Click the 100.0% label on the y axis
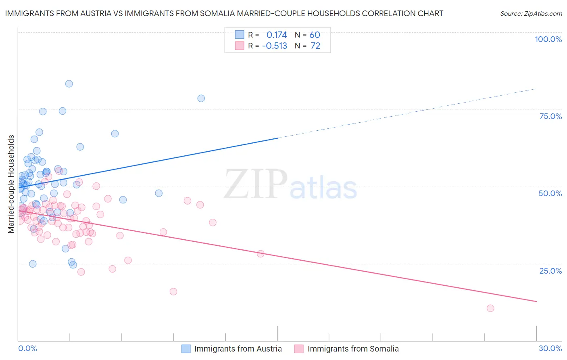coord(548,39)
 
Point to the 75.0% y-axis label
coord(550,116)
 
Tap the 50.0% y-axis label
coord(550,193)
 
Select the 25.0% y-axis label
coord(550,271)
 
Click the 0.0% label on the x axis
coord(27,348)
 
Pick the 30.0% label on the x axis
coord(550,348)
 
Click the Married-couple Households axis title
coord(11,184)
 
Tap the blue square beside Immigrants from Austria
coord(186,349)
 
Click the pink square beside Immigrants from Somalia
coord(299,349)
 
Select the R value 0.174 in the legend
coord(277,35)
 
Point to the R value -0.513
coord(275,46)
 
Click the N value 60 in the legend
coord(315,35)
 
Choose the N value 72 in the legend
coord(315,46)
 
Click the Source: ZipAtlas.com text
coord(531,14)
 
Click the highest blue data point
coord(69,84)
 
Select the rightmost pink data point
coord(490,308)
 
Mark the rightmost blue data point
coord(201,98)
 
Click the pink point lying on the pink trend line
coord(261,254)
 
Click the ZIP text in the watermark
coord(256,184)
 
